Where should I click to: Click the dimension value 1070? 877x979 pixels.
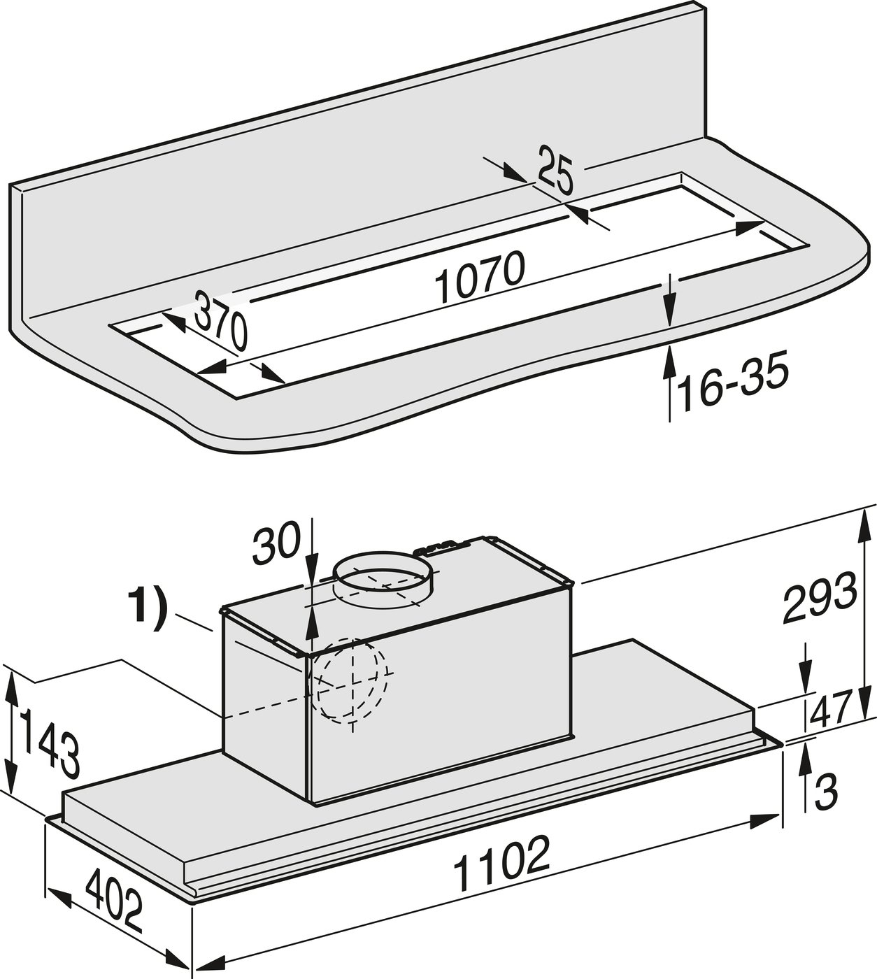[479, 278]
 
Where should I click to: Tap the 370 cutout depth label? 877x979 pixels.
[220, 320]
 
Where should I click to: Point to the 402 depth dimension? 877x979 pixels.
[114, 900]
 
